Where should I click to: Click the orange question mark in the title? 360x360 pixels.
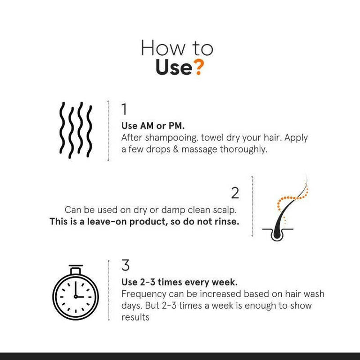point(199,67)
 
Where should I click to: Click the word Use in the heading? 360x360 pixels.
point(174,67)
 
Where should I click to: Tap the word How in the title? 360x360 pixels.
point(163,48)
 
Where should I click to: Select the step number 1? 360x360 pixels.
point(124,109)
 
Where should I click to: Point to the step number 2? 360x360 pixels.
point(235,193)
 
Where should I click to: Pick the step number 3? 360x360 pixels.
point(126,265)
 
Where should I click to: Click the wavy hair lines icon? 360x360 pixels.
point(76,130)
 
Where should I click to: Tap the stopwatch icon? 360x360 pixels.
point(75,292)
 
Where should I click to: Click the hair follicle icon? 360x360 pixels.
point(285,208)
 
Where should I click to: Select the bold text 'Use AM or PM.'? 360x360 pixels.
point(153,126)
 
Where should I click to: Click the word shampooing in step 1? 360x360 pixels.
point(171,138)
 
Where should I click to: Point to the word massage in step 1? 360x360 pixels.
point(199,150)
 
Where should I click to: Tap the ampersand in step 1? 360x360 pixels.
point(176,149)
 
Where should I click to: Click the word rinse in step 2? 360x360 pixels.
point(227,222)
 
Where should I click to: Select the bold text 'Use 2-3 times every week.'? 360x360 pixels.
point(180,282)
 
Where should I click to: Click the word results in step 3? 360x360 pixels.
point(135,317)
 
